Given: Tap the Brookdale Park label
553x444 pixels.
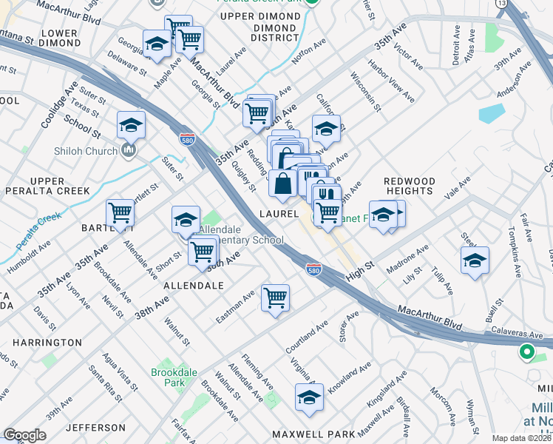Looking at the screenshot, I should coord(168,377).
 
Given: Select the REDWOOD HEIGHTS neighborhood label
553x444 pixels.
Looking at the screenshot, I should coord(408,186).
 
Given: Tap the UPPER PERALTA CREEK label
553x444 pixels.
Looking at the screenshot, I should coord(59,186).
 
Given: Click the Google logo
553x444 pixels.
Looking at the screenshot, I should coord(24,435).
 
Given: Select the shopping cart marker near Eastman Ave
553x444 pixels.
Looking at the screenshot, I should coord(275,298).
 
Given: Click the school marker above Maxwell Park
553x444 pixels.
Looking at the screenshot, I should coord(310,398).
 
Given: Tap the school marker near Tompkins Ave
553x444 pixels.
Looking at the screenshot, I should coord(475,260).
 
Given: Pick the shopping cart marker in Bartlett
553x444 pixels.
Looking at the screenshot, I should coord(120,213).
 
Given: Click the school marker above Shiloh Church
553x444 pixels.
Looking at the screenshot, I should coord(131,125).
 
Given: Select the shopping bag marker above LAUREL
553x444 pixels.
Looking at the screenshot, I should coord(283,184).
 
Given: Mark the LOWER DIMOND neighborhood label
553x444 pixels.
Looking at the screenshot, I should coord(59,38).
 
